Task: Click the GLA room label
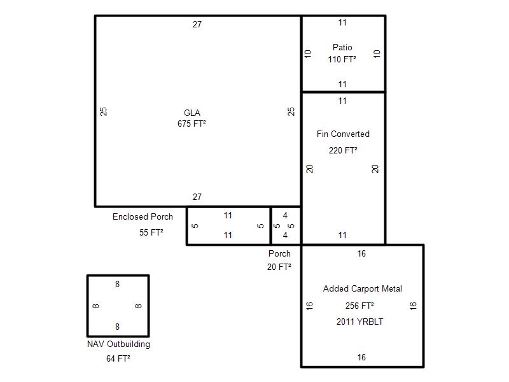tap(192, 113)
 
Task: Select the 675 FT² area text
tap(192, 124)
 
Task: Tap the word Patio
tap(342, 47)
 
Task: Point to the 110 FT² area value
tap(342, 59)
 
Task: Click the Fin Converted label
tap(343, 134)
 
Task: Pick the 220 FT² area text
tap(343, 150)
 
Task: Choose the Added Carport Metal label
tap(362, 289)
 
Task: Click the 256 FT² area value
tap(359, 306)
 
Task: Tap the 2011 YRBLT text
tap(359, 322)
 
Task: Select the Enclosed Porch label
tap(143, 216)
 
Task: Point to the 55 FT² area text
tap(151, 232)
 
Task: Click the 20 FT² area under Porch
tap(279, 267)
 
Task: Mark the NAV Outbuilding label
tap(118, 344)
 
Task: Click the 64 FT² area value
tap(118, 358)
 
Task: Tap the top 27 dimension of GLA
tap(197, 24)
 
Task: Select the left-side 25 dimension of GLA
tap(103, 112)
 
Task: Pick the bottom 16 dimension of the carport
tap(361, 357)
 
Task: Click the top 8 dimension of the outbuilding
tap(117, 284)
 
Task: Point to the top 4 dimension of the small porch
tap(285, 215)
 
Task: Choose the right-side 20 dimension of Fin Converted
tap(375, 169)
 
